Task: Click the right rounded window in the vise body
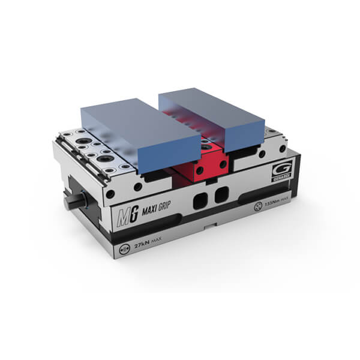(x=221, y=194)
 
